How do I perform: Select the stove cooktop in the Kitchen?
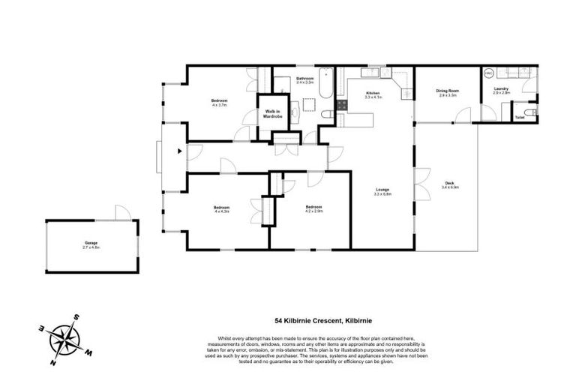[x=341, y=106]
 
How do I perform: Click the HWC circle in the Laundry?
[x=488, y=74]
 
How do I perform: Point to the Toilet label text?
[x=520, y=117]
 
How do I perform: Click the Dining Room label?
[x=448, y=91]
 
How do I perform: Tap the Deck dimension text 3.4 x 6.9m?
[x=449, y=187]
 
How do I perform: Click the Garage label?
[x=91, y=243]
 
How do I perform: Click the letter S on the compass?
[x=76, y=317]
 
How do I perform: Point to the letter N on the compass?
[x=54, y=364]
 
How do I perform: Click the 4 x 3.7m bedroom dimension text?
[x=219, y=106]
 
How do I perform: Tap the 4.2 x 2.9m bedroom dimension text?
[x=313, y=211]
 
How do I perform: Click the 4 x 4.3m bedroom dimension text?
[x=220, y=211]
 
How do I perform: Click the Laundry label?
[x=502, y=88]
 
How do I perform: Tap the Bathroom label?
[x=304, y=78]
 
